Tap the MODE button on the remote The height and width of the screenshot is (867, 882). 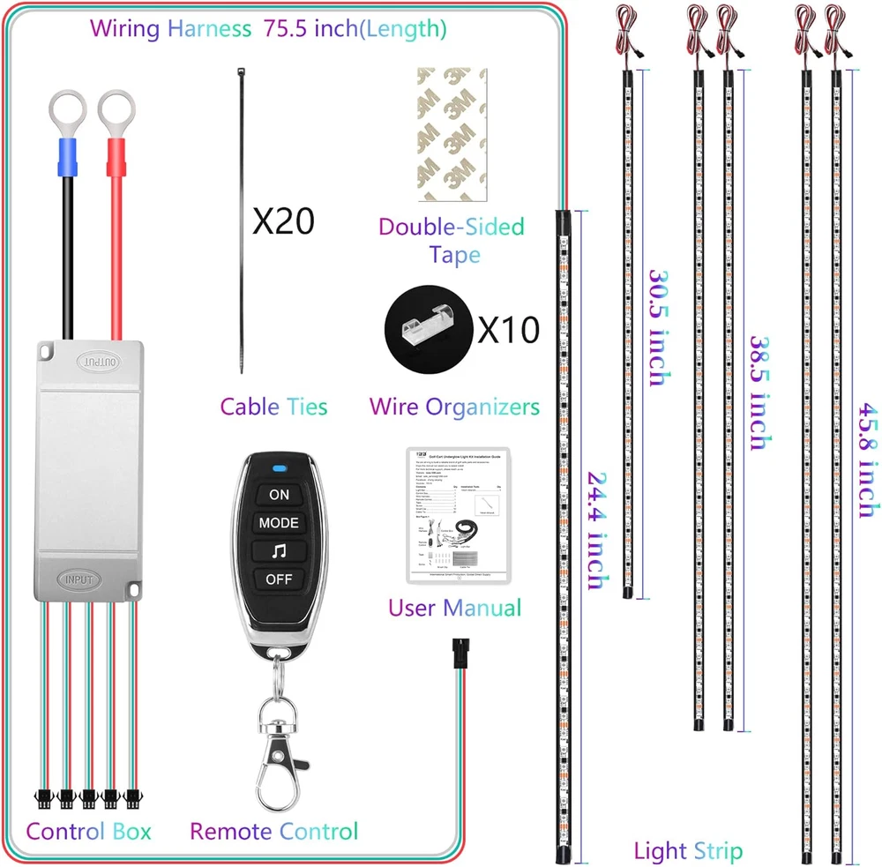click(x=279, y=522)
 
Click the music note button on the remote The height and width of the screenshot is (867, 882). click(x=279, y=551)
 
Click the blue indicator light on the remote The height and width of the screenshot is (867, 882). click(x=279, y=468)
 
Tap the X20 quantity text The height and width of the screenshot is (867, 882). click(x=283, y=221)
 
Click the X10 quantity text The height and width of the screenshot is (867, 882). click(x=507, y=330)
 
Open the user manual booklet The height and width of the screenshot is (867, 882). click(x=459, y=515)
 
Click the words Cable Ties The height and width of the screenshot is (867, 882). click(x=273, y=407)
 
